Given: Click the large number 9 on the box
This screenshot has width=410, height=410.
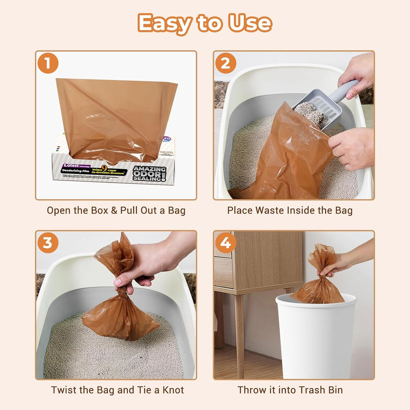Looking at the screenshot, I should tap(105, 170).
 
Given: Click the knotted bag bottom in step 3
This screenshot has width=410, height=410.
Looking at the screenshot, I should tap(120, 318).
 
